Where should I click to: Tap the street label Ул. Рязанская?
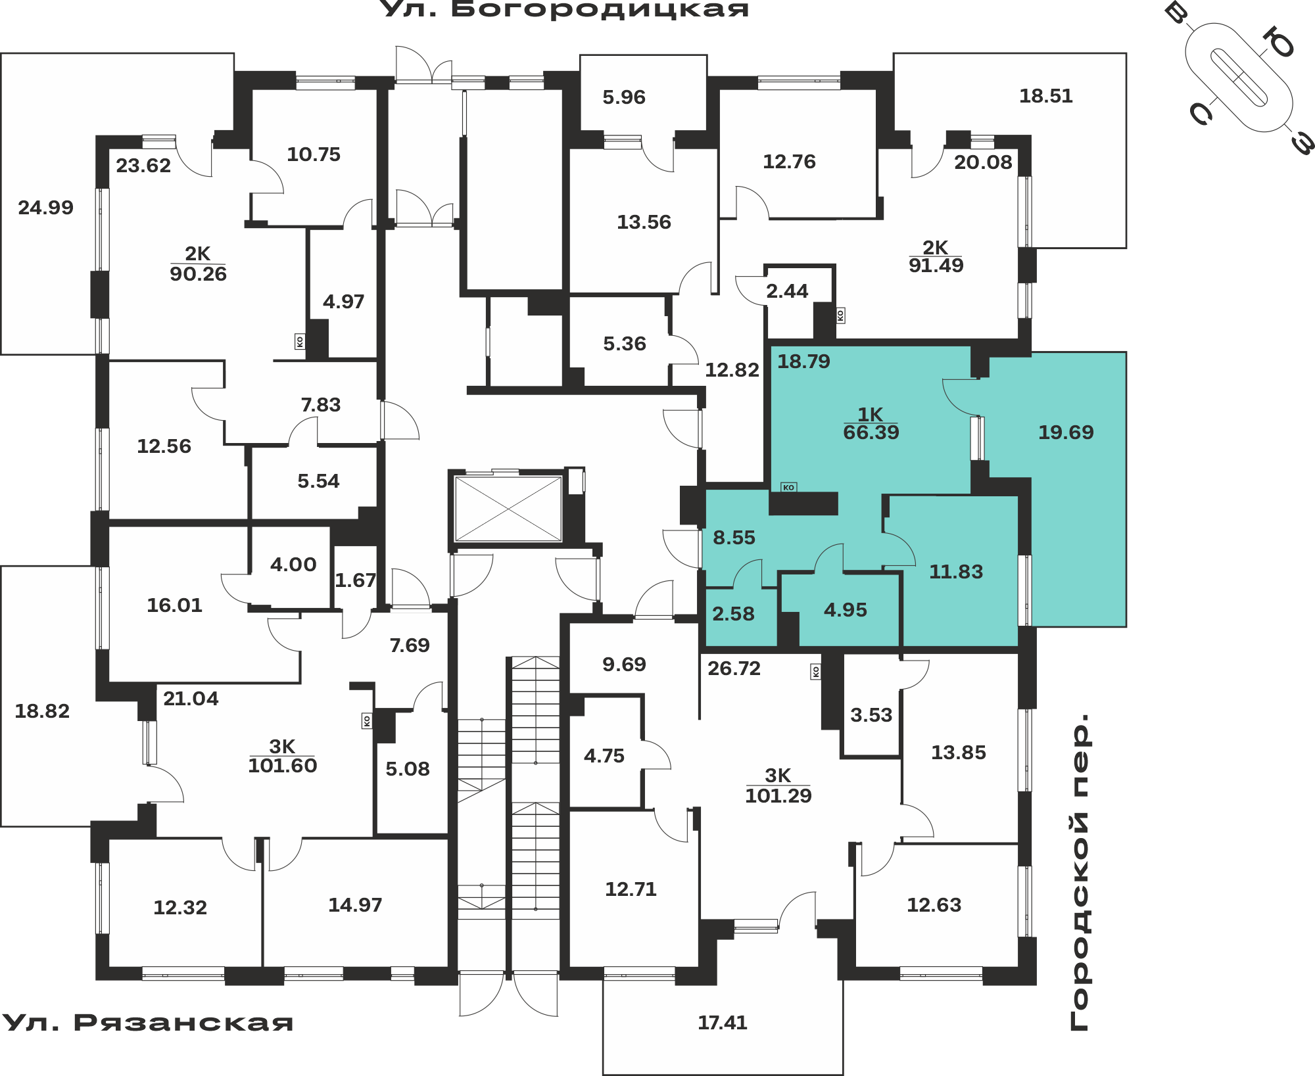pos(147,1023)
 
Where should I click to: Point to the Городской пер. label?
pos(1080,872)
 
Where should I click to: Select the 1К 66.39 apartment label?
pos(871,424)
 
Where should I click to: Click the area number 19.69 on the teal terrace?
pos(1066,433)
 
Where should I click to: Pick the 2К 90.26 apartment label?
pos(198,264)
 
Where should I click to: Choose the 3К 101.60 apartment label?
pos(282,757)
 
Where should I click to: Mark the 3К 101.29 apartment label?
pos(778,786)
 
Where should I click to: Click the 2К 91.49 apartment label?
pos(936,257)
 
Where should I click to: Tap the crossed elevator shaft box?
pos(508,509)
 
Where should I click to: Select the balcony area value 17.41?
pos(722,1023)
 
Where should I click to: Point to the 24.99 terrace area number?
pos(45,208)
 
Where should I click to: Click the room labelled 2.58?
pos(733,614)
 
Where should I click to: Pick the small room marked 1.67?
pos(355,580)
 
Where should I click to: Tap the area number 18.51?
pos(1045,96)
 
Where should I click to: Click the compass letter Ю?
pos(1278,42)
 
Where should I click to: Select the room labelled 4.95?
pos(845,610)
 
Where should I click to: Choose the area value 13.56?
pos(644,222)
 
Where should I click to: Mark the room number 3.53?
pos(871,715)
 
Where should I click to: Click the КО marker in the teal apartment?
pos(788,487)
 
